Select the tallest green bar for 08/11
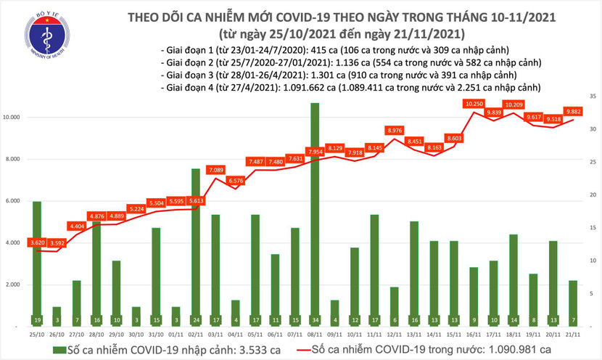point(315,210)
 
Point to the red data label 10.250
point(474,104)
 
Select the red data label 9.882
point(574,112)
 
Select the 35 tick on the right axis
point(592,96)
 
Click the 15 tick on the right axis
point(592,227)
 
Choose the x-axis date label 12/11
point(395,335)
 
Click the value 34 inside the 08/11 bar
point(315,320)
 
